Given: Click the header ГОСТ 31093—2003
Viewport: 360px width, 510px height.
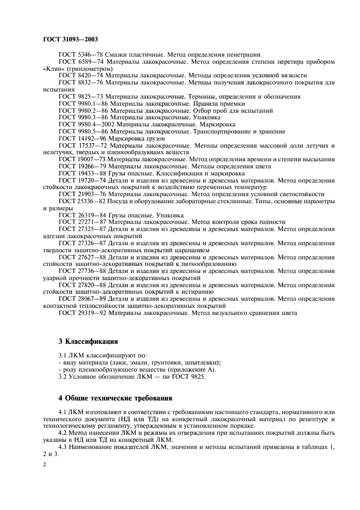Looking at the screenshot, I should tap(70, 40).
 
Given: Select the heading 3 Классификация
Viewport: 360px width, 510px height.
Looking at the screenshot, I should tap(88, 342).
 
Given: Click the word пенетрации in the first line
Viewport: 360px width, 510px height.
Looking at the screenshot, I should tap(242, 54).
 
